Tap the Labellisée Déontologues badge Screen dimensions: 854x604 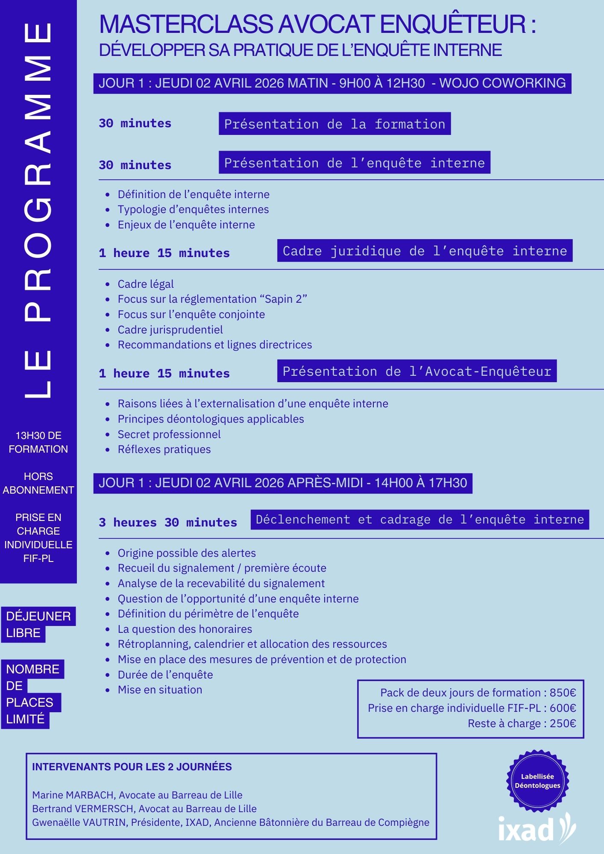(x=537, y=781)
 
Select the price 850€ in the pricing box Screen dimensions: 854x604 (x=563, y=693)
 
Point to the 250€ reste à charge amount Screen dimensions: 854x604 (x=563, y=723)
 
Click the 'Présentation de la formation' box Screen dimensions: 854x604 (x=334, y=124)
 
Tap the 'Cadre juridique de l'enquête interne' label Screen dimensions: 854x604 (x=425, y=251)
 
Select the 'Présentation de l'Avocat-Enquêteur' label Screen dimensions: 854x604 (x=416, y=371)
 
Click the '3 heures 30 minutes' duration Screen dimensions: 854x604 (x=168, y=522)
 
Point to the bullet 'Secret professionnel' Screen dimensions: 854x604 (x=169, y=434)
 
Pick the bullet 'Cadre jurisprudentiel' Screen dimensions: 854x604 (x=170, y=330)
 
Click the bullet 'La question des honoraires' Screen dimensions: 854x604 (x=185, y=629)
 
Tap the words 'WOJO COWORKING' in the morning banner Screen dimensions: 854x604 (x=502, y=83)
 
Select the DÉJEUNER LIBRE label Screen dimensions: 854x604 (x=38, y=624)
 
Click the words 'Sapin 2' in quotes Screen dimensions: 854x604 (x=283, y=299)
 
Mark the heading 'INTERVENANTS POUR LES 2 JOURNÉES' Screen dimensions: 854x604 (x=132, y=767)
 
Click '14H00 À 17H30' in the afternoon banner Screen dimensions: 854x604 (x=420, y=483)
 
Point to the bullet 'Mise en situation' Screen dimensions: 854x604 (x=160, y=690)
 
